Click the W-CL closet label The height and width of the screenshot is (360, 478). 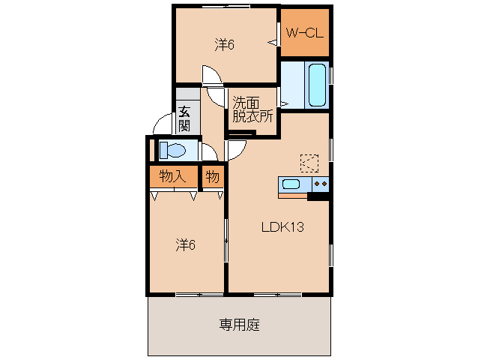pos(305,32)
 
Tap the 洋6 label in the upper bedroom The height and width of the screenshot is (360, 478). pos(225,45)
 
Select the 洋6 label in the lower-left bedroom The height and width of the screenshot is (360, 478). pos(186,244)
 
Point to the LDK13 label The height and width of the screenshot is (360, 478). pos(282,228)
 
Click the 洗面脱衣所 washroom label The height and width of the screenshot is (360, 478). pos(252,109)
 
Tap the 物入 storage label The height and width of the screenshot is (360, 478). pos(172,177)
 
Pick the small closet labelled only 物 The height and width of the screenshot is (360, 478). pos(214,177)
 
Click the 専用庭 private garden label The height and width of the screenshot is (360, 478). pos(239,325)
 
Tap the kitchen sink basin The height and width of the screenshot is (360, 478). pos(291,184)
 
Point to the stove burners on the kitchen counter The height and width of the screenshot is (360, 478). pos(321,184)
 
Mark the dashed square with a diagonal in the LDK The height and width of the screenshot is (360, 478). pos(309,162)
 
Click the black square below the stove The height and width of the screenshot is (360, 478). pos(318,197)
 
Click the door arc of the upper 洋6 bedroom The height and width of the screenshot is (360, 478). pos(211,75)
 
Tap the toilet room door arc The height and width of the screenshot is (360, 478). pos(210,152)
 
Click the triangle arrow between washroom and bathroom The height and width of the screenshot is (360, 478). pos(283,102)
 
